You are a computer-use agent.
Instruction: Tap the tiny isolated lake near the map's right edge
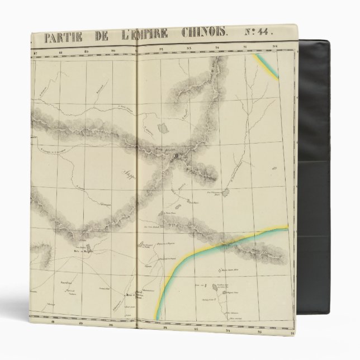coord(274,168)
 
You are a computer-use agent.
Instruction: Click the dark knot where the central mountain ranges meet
coord(178,158)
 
